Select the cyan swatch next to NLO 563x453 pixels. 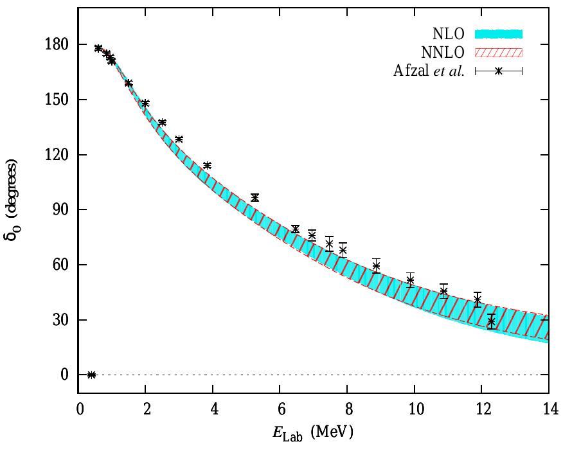pyautogui.click(x=499, y=33)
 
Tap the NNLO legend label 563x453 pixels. pyautogui.click(x=444, y=52)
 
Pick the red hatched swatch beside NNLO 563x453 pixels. pyautogui.click(x=499, y=52)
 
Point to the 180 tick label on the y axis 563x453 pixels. pyautogui.click(x=60, y=45)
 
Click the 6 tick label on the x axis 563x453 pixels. pyautogui.click(x=280, y=409)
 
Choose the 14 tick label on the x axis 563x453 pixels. pyautogui.click(x=548, y=409)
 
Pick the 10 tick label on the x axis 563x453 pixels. pyautogui.click(x=414, y=409)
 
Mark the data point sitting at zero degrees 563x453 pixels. pyautogui.click(x=91, y=375)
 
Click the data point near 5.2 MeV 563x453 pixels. pyautogui.click(x=255, y=197)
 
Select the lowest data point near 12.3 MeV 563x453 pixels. pyautogui.click(x=492, y=321)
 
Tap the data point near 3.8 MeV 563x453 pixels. pyautogui.click(x=207, y=165)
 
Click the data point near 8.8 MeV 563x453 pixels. pyautogui.click(x=376, y=265)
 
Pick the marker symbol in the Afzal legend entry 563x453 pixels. pyautogui.click(x=499, y=71)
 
